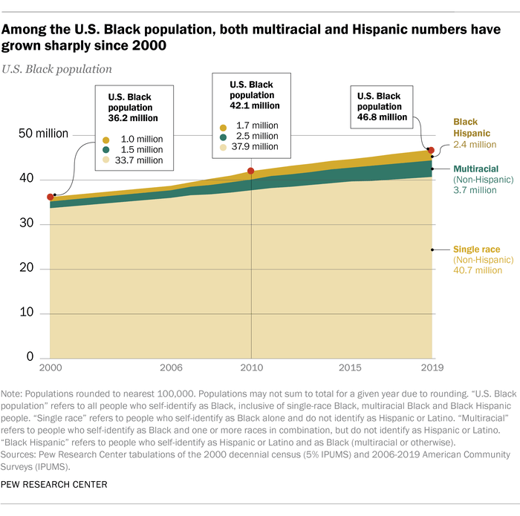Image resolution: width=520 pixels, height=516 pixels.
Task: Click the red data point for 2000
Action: [50, 197]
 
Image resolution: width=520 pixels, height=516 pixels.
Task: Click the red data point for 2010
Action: [251, 172]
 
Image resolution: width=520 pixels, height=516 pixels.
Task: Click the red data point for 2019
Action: [431, 151]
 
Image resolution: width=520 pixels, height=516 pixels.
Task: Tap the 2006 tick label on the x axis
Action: [171, 368]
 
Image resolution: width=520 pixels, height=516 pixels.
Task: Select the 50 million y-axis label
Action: [44, 134]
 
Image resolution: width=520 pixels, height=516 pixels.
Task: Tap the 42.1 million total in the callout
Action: [251, 105]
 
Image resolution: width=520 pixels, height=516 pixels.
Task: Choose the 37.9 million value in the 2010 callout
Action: [258, 146]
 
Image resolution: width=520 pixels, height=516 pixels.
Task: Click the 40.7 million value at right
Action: [478, 270]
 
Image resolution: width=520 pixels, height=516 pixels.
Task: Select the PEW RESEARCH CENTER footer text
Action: [55, 484]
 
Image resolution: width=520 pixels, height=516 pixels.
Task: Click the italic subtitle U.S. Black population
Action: [59, 69]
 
